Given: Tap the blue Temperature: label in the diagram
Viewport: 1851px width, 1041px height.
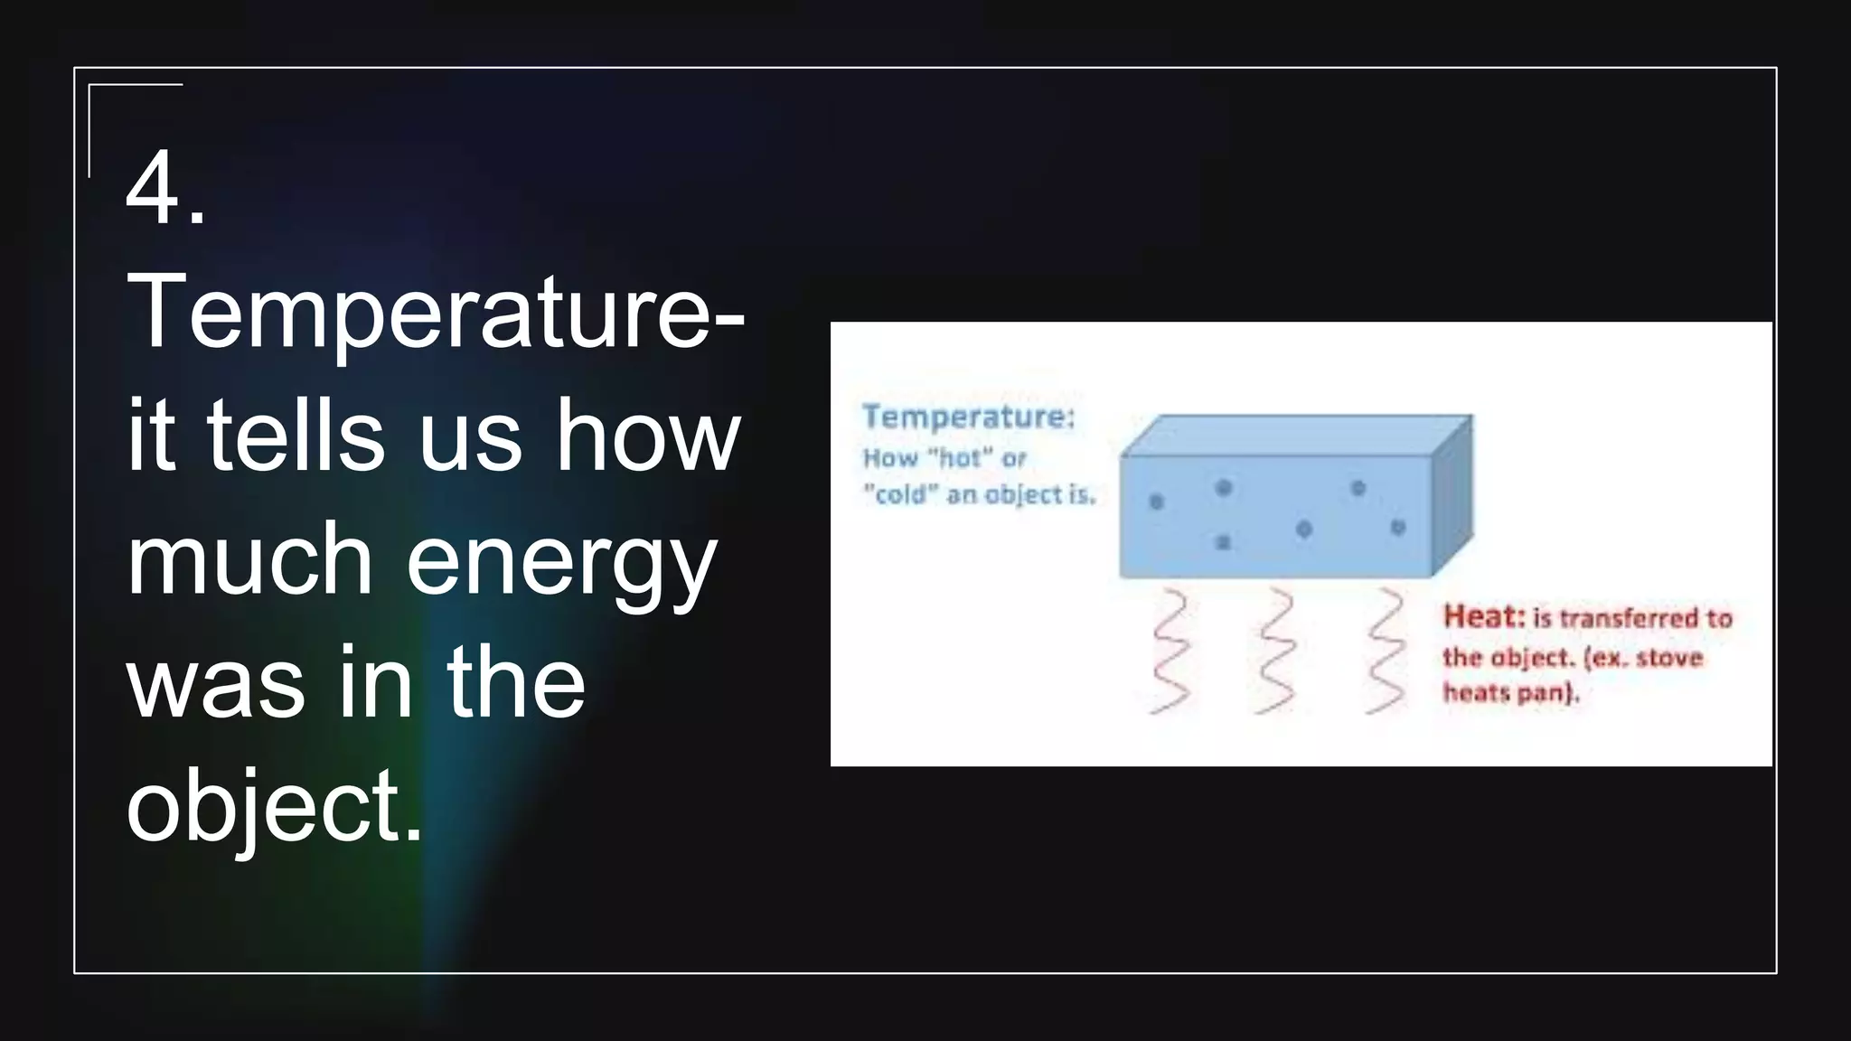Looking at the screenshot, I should click(x=968, y=417).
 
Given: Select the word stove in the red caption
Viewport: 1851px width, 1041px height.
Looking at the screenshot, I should click(x=1668, y=657).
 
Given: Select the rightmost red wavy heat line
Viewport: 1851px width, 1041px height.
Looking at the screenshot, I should click(x=1384, y=652).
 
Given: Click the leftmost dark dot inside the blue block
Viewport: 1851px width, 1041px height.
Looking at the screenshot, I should click(x=1155, y=502).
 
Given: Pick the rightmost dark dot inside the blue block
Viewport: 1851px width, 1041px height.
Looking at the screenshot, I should click(x=1397, y=527).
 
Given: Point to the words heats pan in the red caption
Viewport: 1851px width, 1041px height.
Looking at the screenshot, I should click(x=1510, y=693).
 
